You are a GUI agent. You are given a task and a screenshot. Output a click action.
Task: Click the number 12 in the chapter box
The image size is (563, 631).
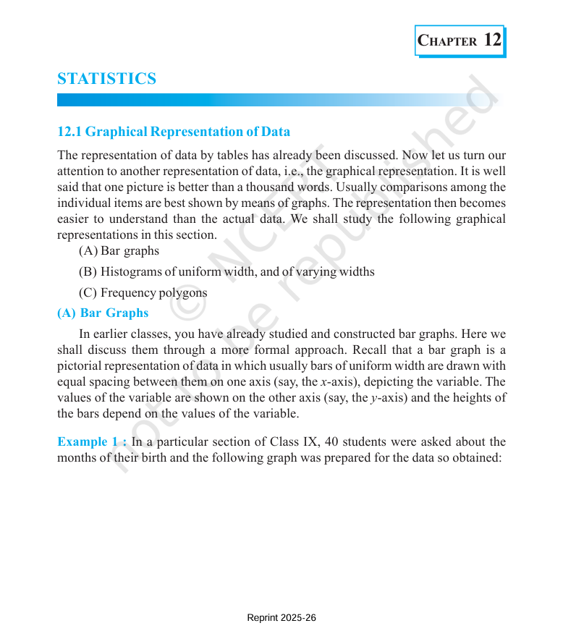(492, 40)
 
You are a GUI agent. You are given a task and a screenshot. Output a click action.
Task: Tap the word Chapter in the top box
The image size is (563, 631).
(448, 41)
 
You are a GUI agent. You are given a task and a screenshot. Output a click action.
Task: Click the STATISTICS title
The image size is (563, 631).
(106, 79)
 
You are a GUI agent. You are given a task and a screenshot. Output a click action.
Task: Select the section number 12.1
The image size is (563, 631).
(69, 132)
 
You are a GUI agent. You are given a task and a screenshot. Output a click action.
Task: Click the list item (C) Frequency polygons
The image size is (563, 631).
(143, 293)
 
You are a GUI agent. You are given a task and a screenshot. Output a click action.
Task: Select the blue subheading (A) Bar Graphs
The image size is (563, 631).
(103, 313)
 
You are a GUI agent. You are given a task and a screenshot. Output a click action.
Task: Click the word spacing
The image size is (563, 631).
(107, 382)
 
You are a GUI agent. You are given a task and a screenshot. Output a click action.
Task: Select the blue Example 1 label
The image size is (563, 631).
(92, 442)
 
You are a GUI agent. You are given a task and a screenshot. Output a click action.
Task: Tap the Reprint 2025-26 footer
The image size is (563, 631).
(281, 618)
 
